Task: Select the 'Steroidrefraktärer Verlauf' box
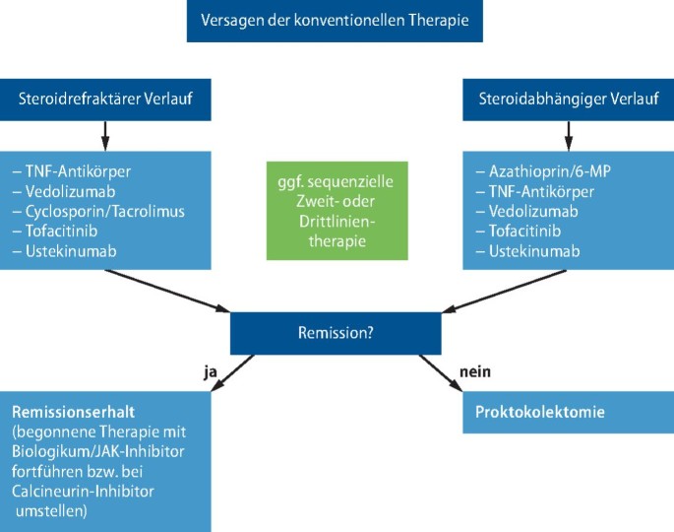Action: click(x=105, y=99)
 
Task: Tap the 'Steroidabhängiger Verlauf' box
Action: click(x=568, y=99)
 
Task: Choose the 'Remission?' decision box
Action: click(x=336, y=333)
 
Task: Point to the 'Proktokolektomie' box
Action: click(x=568, y=412)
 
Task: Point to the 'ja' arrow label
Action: click(x=209, y=371)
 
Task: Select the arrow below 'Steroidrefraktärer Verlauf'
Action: click(x=105, y=134)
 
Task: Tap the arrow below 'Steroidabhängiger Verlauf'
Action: click(x=568, y=134)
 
